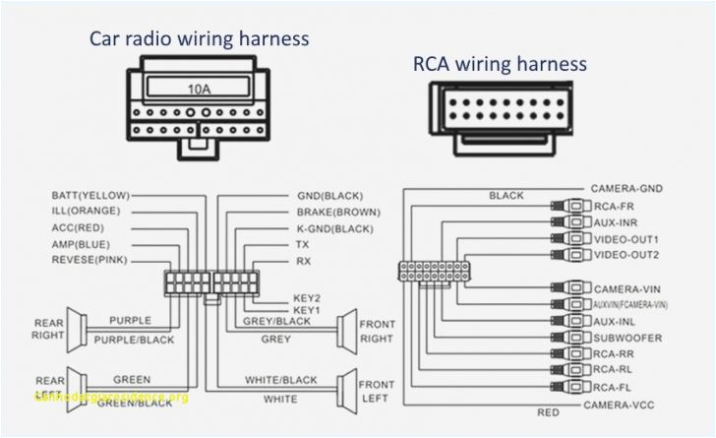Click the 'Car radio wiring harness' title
(200, 39)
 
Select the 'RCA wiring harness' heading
(500, 64)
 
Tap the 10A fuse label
(200, 89)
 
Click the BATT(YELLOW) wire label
(90, 196)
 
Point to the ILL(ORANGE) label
(87, 212)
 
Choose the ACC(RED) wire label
(79, 227)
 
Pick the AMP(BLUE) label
(82, 243)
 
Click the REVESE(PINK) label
(90, 260)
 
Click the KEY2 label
(307, 297)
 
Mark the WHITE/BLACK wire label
(281, 380)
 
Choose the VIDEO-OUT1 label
(626, 239)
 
